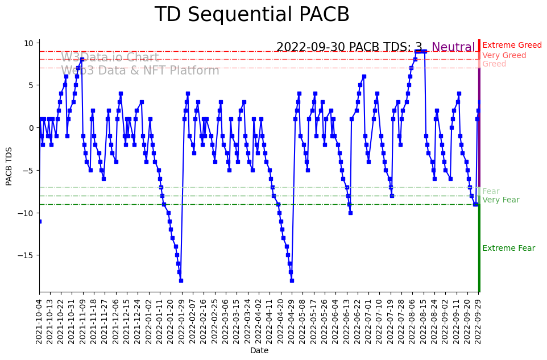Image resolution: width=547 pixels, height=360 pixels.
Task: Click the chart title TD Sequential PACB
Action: point(252,15)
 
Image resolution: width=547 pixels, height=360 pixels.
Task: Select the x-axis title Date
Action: point(259,351)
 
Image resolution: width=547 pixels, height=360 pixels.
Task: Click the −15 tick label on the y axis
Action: point(26,255)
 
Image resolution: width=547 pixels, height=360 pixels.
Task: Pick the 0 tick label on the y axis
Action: point(32,128)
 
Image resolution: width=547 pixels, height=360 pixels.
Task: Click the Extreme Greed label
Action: point(512,45)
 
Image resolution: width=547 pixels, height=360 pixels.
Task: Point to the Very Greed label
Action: point(504,56)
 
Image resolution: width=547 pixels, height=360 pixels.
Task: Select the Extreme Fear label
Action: point(508,249)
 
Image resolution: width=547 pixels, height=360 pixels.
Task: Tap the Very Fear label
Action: point(500,200)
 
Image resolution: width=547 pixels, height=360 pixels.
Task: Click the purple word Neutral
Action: point(453,48)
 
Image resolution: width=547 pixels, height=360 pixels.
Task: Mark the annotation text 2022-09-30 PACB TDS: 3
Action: point(349,48)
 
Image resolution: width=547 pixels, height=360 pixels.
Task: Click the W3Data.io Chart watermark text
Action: point(110,57)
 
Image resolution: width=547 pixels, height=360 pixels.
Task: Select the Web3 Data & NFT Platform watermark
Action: point(140,71)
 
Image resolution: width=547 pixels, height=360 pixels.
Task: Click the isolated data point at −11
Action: point(39,221)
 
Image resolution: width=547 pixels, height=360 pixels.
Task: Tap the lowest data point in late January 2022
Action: point(181,280)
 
